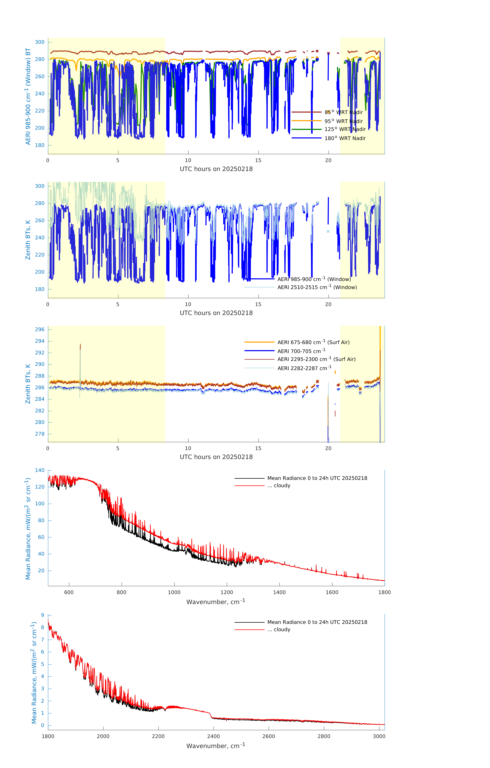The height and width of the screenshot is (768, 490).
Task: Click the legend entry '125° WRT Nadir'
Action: [345, 129]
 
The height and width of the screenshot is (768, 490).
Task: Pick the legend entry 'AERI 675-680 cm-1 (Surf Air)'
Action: [313, 342]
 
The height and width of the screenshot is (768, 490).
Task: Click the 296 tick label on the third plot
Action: [40, 329]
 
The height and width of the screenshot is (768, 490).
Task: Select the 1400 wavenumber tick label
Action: [279, 592]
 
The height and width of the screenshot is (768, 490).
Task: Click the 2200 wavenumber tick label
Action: [158, 736]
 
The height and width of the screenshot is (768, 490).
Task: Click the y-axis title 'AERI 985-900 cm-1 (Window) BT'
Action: [28, 96]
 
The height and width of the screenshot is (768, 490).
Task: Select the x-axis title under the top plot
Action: [216, 169]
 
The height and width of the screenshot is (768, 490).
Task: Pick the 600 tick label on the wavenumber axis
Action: [69, 592]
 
